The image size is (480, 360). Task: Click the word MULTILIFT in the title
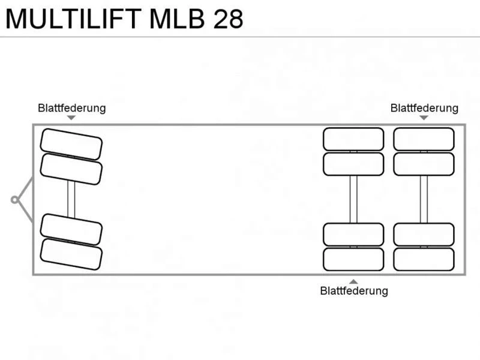point(73,19)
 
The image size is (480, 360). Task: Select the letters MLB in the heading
point(177,19)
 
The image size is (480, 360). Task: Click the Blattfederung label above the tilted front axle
point(72,108)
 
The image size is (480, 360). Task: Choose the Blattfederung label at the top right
point(424,108)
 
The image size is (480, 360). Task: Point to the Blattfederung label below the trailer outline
point(354,290)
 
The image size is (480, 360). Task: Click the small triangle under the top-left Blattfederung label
point(71,118)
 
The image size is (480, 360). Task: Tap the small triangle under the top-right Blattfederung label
point(424,118)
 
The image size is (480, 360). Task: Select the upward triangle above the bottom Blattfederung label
point(353,281)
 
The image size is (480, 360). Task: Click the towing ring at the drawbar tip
point(14,200)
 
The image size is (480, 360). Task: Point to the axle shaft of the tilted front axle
point(71,200)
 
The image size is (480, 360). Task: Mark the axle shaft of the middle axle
point(353,199)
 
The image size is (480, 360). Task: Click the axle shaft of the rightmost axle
point(424,199)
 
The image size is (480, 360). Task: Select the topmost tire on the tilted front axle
point(71,144)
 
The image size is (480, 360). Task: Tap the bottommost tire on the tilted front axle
point(71,254)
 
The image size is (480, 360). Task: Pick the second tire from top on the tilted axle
point(71,169)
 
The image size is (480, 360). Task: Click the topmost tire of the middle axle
point(353,139)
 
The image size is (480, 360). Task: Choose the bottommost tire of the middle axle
point(353,259)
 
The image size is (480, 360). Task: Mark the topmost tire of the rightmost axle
point(424,139)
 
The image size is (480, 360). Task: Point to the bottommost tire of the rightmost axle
point(424,259)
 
